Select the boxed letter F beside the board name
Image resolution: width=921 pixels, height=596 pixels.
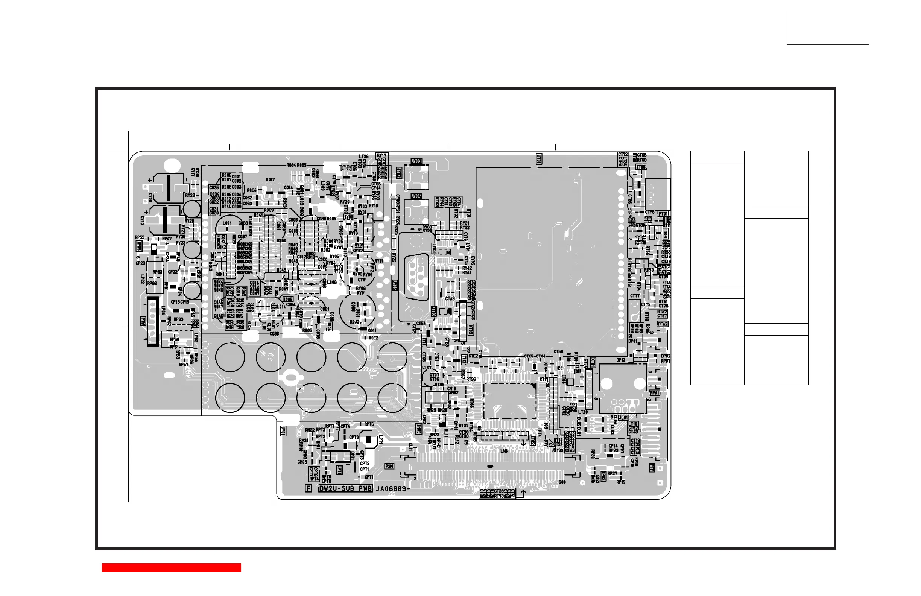[x=309, y=488]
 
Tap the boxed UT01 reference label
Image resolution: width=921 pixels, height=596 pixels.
[x=539, y=158]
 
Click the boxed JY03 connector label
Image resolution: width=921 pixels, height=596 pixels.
[x=416, y=161]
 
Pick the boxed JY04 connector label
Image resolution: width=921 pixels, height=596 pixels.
[x=416, y=196]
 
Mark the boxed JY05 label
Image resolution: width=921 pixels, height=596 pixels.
[x=394, y=286]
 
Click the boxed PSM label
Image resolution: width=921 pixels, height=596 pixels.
[x=389, y=466]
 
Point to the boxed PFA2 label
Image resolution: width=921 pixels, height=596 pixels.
[x=663, y=324]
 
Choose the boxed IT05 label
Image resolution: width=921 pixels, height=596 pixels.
[x=641, y=167]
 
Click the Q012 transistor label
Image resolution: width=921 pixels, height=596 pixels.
[x=270, y=179]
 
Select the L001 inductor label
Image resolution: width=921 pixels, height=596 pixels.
[x=227, y=223]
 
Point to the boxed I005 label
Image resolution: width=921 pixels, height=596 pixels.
[x=288, y=299]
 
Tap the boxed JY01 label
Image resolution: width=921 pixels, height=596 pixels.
[x=283, y=431]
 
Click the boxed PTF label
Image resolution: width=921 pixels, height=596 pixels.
[x=652, y=468]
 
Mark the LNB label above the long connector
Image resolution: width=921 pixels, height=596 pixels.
[x=504, y=451]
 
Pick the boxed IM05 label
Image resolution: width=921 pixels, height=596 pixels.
[x=419, y=429]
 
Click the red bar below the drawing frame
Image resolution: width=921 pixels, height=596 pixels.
[x=172, y=567]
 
